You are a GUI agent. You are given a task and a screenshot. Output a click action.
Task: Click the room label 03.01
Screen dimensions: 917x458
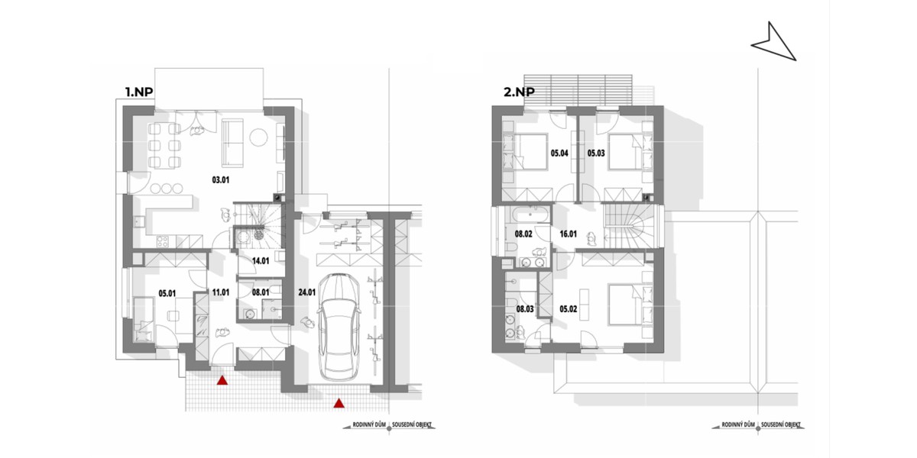click(221, 179)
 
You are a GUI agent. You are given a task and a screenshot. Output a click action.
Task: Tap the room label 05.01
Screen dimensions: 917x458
click(167, 293)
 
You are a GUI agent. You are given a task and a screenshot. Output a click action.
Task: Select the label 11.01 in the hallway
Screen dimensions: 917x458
click(221, 292)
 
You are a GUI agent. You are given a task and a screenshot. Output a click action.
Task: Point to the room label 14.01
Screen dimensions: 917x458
click(261, 261)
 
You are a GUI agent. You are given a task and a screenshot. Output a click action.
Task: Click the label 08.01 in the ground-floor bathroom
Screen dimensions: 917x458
click(261, 292)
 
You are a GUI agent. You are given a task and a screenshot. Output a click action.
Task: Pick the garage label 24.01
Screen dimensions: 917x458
click(307, 292)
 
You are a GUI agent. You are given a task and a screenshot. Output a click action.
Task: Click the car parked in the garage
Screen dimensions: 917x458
click(339, 327)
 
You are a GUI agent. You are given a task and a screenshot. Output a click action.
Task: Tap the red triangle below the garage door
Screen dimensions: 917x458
click(338, 404)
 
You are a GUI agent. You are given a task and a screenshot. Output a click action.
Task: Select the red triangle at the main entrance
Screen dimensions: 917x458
click(222, 381)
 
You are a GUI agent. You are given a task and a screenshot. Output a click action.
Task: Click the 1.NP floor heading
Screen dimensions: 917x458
click(139, 92)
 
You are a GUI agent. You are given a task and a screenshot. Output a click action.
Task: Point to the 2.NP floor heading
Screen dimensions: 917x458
click(519, 92)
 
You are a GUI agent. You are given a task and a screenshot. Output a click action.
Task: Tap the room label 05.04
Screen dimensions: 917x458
click(559, 153)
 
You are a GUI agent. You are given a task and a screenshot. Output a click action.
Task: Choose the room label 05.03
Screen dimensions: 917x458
click(596, 153)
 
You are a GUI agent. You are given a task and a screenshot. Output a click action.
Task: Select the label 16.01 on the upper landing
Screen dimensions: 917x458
click(569, 234)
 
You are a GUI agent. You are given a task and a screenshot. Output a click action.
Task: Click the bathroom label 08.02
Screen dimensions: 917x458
click(523, 234)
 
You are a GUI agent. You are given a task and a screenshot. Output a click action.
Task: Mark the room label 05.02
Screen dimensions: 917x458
click(569, 308)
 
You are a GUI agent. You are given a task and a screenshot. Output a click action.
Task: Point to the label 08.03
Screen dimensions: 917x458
click(525, 308)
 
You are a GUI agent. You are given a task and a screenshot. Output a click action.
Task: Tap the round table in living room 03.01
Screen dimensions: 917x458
click(259, 137)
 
